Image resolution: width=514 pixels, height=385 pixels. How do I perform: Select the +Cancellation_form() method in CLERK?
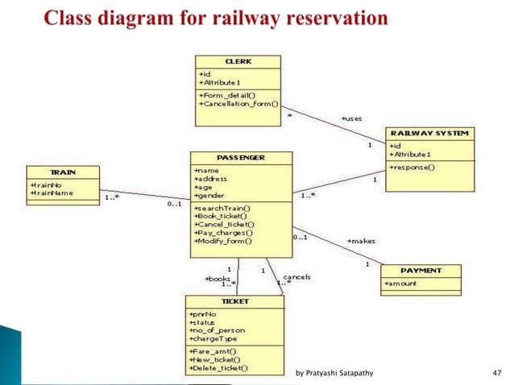[x=238, y=103]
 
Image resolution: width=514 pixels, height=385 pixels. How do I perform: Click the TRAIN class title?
[x=63, y=172]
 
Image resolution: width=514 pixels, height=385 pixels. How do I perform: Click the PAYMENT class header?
[x=421, y=271]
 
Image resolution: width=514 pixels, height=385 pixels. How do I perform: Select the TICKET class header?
[x=234, y=300]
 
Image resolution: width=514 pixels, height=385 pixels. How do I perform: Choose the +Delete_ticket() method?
[x=218, y=368]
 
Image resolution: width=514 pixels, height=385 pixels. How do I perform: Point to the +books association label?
[x=218, y=278]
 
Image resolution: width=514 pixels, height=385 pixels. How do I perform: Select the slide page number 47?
[x=496, y=373]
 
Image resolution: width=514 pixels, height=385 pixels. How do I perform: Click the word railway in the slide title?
[x=233, y=17]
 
